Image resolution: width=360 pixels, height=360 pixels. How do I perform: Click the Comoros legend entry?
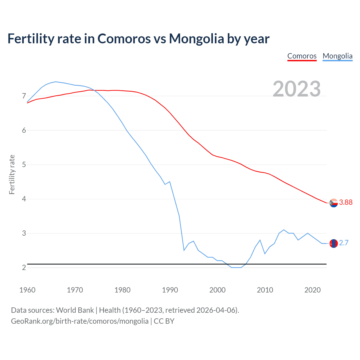pyautogui.click(x=302, y=56)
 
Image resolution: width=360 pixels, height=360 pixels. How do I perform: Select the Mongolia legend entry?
pyautogui.click(x=337, y=56)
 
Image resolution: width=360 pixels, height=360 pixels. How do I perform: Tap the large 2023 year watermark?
pyautogui.click(x=297, y=89)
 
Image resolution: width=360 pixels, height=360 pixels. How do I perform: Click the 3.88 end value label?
pyautogui.click(x=346, y=202)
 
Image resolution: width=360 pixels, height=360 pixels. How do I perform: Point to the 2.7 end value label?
pyautogui.click(x=344, y=243)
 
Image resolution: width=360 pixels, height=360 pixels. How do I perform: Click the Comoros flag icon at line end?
pyautogui.click(x=334, y=203)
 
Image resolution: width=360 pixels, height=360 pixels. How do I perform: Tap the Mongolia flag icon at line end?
pyautogui.click(x=334, y=243)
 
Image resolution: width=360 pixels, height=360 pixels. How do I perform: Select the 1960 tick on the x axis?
pyautogui.click(x=27, y=290)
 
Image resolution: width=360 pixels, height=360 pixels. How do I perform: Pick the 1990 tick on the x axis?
pyautogui.click(x=170, y=290)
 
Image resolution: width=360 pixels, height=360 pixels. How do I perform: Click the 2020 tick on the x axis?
pyautogui.click(x=312, y=290)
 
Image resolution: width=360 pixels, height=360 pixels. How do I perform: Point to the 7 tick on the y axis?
pyautogui.click(x=24, y=96)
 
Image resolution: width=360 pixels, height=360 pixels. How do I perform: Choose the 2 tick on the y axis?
pyautogui.click(x=24, y=268)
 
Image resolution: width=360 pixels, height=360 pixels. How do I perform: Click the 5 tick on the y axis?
pyautogui.click(x=24, y=165)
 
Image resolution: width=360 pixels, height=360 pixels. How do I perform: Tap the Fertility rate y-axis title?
pyautogui.click(x=12, y=174)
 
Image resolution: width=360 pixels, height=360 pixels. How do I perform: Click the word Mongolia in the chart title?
pyautogui.click(x=196, y=39)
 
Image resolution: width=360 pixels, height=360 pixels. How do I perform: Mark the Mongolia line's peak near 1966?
pyautogui.click(x=56, y=82)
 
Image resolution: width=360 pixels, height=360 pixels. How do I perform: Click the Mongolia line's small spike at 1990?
pyautogui.click(x=170, y=182)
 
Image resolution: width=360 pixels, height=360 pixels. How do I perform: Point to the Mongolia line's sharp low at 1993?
pyautogui.click(x=184, y=250)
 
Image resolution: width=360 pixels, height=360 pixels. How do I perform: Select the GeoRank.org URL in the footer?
pyautogui.click(x=80, y=321)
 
